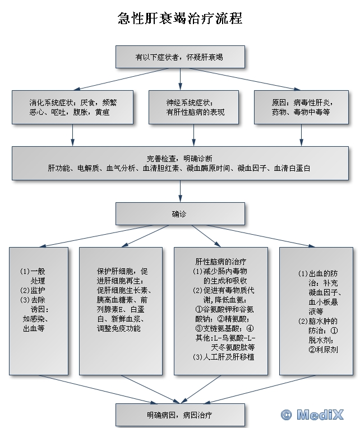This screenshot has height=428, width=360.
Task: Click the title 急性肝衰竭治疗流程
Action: (x=180, y=18)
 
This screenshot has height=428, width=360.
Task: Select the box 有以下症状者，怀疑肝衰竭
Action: (x=180, y=57)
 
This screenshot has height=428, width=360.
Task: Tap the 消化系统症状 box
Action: (x=72, y=107)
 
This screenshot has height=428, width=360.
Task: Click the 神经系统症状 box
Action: (x=193, y=107)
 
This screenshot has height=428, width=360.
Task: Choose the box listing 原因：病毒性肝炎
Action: (x=301, y=107)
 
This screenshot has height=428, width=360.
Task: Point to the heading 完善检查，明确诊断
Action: (x=179, y=159)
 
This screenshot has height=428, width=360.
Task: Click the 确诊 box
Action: (x=180, y=214)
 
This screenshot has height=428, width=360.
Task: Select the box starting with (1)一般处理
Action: (x=39, y=311)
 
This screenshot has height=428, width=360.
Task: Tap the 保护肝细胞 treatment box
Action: (x=121, y=311)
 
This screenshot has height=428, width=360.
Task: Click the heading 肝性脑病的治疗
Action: (x=221, y=262)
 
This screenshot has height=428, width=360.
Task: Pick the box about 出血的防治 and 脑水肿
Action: (x=316, y=311)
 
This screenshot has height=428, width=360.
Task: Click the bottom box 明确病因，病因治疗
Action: (x=180, y=415)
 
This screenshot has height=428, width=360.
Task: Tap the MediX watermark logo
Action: (x=312, y=415)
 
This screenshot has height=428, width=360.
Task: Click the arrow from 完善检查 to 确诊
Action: (x=180, y=191)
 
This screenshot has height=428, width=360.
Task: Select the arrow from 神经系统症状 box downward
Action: (x=193, y=135)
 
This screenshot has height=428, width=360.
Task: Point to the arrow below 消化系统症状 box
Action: (x=72, y=135)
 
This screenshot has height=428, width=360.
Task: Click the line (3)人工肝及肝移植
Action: (x=223, y=357)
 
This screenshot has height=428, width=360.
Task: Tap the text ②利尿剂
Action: (x=323, y=350)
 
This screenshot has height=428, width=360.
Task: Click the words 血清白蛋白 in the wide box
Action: (x=292, y=168)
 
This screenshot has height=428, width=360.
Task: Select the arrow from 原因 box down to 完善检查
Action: (x=301, y=135)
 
